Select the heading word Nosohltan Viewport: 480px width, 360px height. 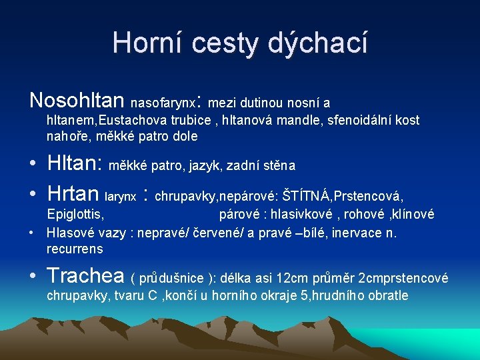(x=77, y=101)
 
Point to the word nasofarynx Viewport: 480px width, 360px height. (x=163, y=103)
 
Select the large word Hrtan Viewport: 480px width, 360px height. (x=73, y=194)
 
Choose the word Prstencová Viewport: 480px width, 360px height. (x=369, y=196)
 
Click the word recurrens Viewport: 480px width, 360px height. (x=75, y=249)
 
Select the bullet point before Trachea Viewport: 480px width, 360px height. (x=33, y=275)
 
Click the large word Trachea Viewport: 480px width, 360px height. (x=86, y=275)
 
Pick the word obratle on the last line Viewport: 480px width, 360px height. (x=387, y=295)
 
